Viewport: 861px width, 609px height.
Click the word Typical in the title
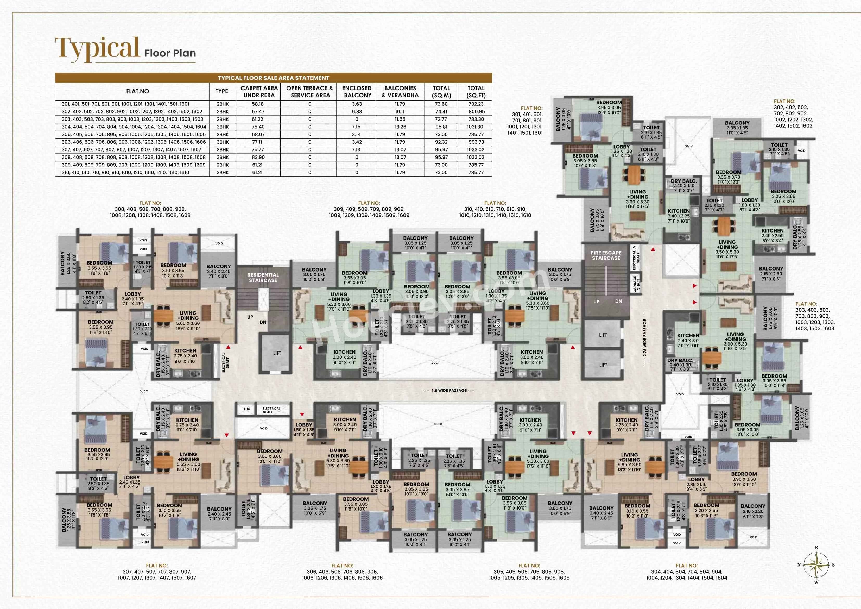(x=98, y=49)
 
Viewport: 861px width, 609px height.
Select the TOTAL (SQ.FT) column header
(x=476, y=92)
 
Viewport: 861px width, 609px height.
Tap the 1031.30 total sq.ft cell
(x=476, y=127)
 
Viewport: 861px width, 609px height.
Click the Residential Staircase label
(x=263, y=277)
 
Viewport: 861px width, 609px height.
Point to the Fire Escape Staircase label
(x=606, y=255)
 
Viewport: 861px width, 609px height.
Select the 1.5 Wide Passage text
(x=449, y=390)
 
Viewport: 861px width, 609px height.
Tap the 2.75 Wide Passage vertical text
(x=645, y=338)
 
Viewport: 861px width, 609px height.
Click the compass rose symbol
(x=816, y=565)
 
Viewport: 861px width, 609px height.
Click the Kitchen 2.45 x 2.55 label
(x=772, y=236)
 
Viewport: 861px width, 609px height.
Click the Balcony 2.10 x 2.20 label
(x=753, y=511)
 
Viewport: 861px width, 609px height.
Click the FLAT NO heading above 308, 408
(x=150, y=203)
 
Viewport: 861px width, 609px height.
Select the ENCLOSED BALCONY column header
(x=357, y=92)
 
